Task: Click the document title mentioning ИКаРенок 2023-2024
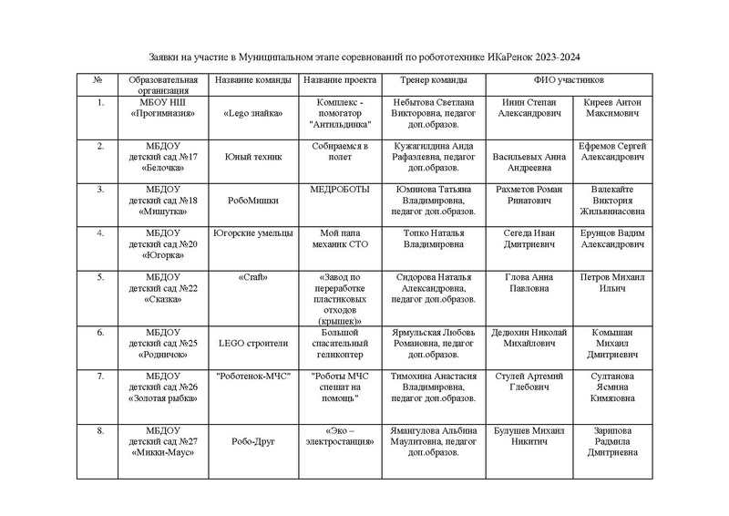click(364, 56)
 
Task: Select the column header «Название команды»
click(252, 80)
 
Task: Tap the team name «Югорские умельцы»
click(252, 232)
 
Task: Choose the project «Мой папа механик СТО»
click(338, 239)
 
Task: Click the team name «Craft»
click(252, 276)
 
